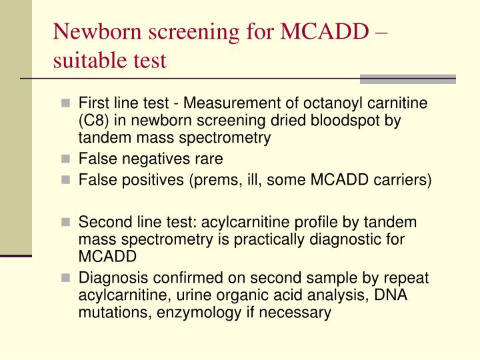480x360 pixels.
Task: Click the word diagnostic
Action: (337, 239)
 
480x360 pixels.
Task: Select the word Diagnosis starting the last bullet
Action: (109, 277)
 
